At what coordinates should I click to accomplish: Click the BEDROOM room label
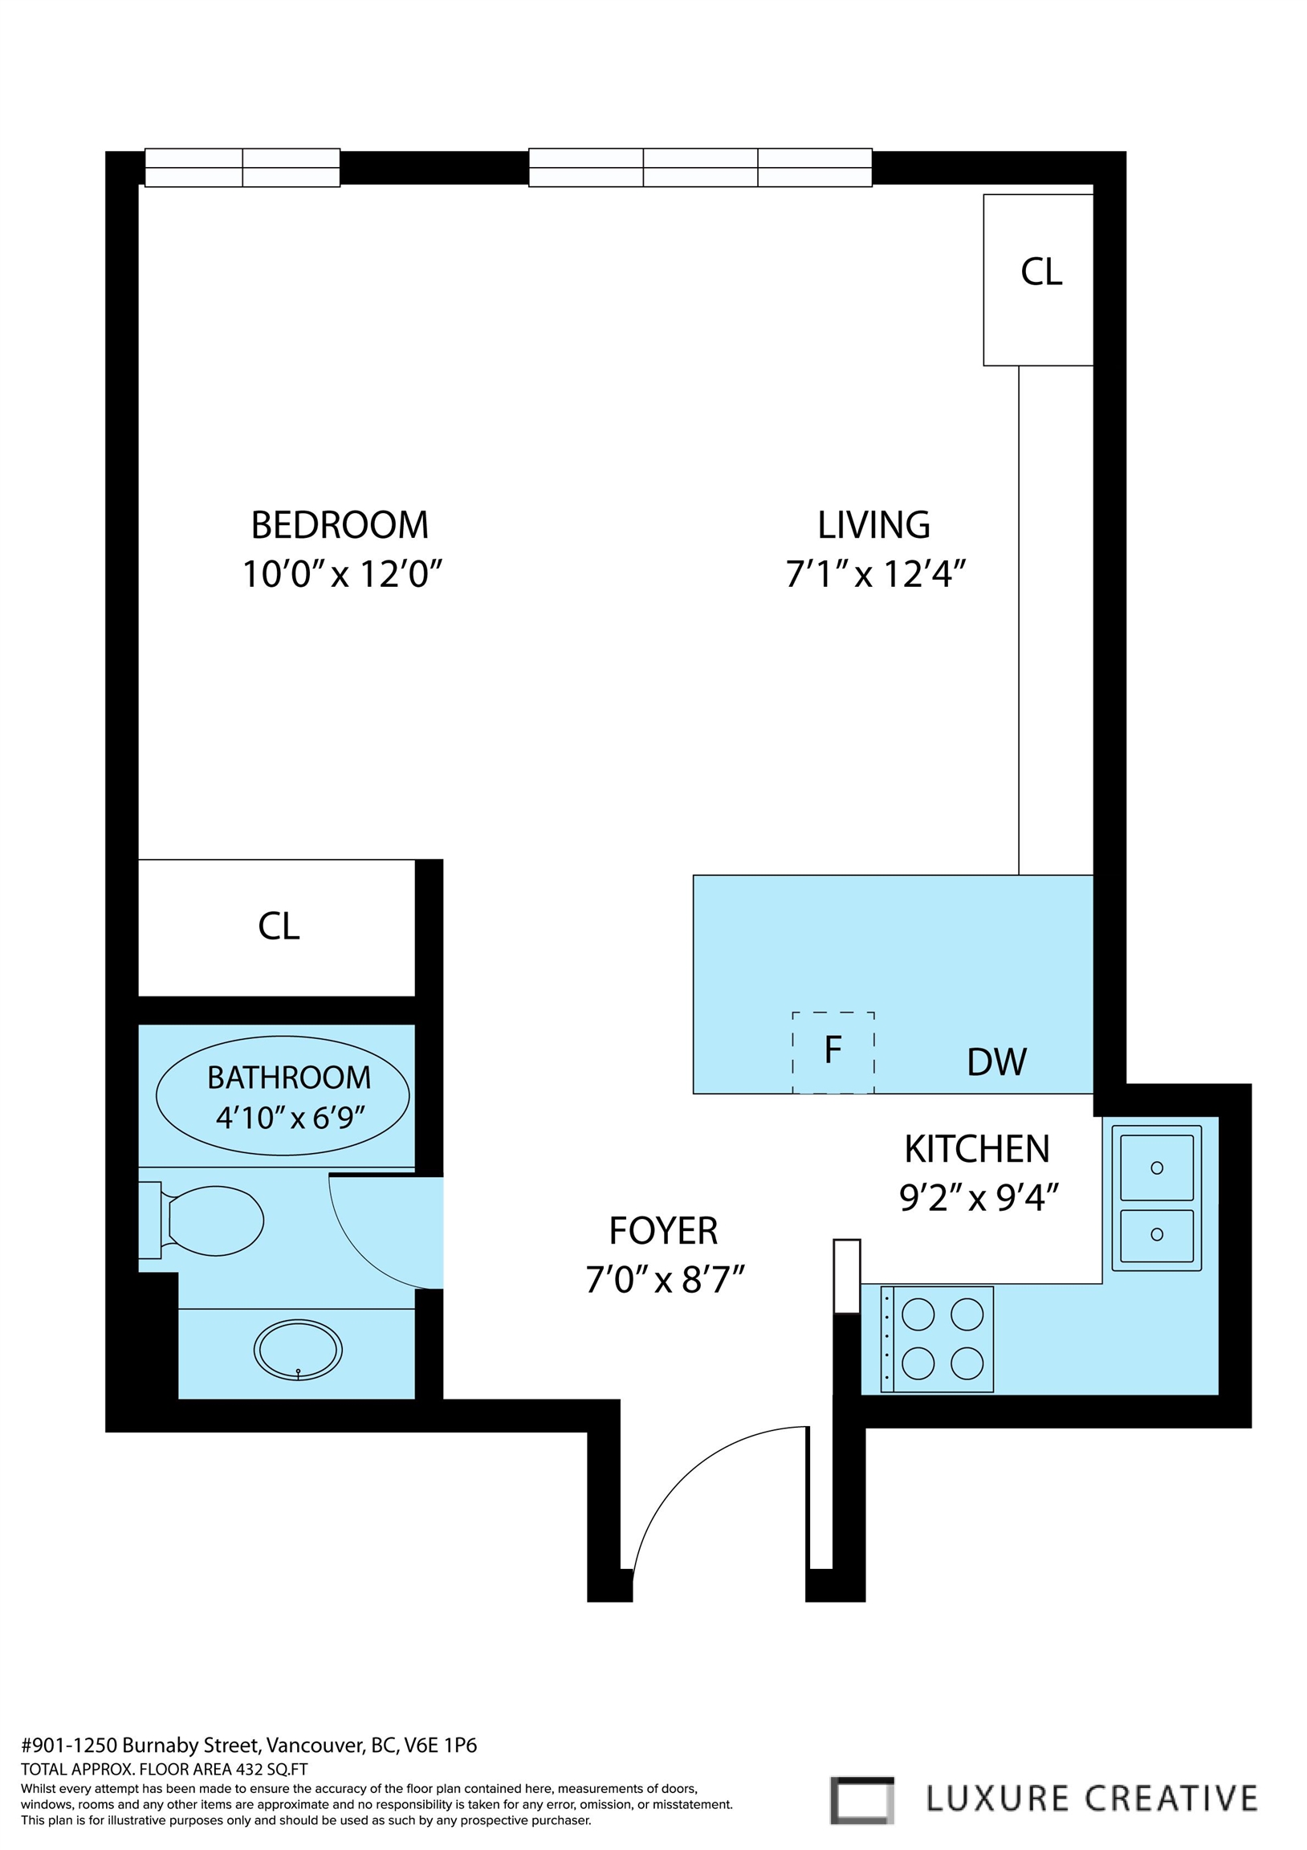[340, 525]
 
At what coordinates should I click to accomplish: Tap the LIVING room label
[873, 525]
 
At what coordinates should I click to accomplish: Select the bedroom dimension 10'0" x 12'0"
[343, 575]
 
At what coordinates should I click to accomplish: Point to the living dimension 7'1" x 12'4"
[875, 575]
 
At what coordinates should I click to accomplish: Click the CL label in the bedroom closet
[279, 927]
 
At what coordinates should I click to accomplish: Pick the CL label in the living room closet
[1041, 272]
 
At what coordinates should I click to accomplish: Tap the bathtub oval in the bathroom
[282, 1096]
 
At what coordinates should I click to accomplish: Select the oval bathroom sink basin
[297, 1350]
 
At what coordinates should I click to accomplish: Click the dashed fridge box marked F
[833, 1053]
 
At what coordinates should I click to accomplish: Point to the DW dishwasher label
[997, 1063]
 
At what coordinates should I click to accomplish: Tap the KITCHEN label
[976, 1150]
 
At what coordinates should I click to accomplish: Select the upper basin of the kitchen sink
[1156, 1167]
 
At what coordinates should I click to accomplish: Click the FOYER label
[663, 1230]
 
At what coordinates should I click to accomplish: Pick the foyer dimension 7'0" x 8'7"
[665, 1280]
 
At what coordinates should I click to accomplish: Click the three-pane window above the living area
[700, 168]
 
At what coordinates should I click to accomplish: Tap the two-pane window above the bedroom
[242, 168]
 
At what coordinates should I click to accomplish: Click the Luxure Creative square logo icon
[861, 1800]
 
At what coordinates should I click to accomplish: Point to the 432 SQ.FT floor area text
[271, 1771]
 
